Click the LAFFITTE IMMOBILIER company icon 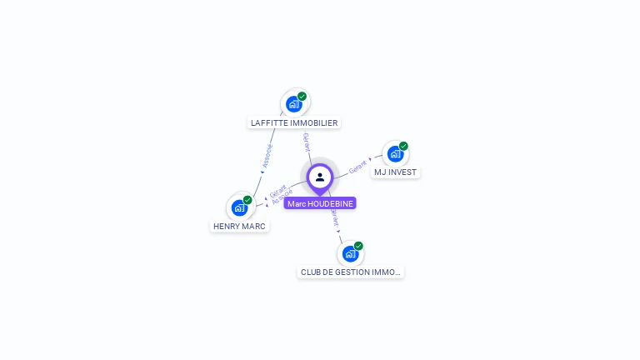[x=294, y=104]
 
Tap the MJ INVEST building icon [x=395, y=154]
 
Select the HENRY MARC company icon [x=240, y=207]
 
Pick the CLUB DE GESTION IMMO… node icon [x=351, y=253]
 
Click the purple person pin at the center [x=320, y=177]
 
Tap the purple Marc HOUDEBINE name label [x=321, y=203]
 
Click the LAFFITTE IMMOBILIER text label [x=294, y=122]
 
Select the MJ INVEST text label [x=395, y=172]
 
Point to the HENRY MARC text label [x=239, y=226]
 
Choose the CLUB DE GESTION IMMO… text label [x=351, y=272]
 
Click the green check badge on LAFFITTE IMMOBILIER [x=302, y=97]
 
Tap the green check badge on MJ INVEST [x=403, y=147]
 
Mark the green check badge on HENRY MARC [x=247, y=200]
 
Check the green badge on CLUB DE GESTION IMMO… [x=358, y=246]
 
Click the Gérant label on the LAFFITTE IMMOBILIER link [x=307, y=142]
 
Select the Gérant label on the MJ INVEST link [x=357, y=166]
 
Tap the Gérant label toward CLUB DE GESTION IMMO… [x=335, y=219]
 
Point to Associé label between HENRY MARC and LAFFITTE [x=267, y=156]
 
